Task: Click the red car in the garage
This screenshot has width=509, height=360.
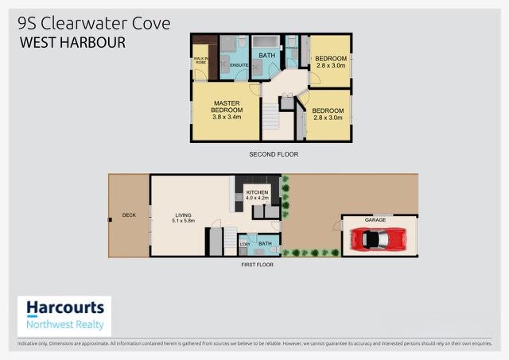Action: [379, 238]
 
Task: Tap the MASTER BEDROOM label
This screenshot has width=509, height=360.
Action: [227, 106]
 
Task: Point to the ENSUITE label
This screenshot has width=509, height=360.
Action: [235, 64]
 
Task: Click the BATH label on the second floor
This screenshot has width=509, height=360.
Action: [263, 56]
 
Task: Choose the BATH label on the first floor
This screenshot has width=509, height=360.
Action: [265, 243]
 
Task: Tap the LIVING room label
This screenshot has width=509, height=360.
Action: [185, 215]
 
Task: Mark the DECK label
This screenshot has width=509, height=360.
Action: [129, 215]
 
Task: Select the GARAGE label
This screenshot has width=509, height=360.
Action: [375, 219]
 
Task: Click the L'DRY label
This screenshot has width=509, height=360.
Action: [245, 244]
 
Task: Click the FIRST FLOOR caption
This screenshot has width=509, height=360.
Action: [257, 264]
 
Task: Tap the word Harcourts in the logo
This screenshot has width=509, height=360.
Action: [65, 308]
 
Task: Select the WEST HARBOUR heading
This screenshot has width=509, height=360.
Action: [72, 42]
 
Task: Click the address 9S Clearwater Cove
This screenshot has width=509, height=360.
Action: [94, 23]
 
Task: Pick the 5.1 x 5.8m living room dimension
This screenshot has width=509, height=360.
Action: [185, 221]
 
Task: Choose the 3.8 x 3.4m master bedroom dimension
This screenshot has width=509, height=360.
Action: [227, 118]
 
